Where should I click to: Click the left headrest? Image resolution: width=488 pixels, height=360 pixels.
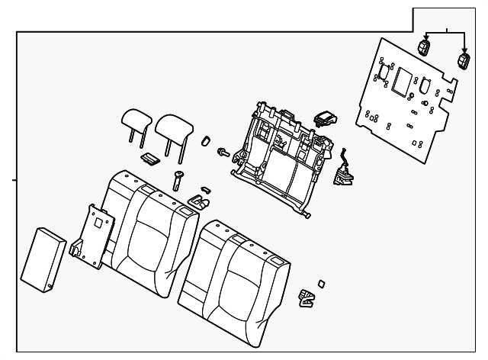tap(137, 118)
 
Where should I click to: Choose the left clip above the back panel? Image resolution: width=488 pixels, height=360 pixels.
tap(425, 48)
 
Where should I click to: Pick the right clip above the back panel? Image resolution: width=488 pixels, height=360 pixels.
tap(464, 61)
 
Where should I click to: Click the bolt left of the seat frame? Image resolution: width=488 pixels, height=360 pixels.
tap(224, 153)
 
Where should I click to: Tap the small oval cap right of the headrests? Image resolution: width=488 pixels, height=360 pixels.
tap(205, 141)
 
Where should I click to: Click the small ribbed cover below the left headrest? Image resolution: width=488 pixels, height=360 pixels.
tap(150, 158)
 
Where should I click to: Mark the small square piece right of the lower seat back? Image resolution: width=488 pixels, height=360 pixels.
tap(321, 283)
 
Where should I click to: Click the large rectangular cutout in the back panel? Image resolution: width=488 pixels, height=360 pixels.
tap(403, 79)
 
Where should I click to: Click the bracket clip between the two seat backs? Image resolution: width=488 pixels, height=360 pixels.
tap(200, 203)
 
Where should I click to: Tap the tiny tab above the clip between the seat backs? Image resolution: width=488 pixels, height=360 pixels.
tap(204, 188)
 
